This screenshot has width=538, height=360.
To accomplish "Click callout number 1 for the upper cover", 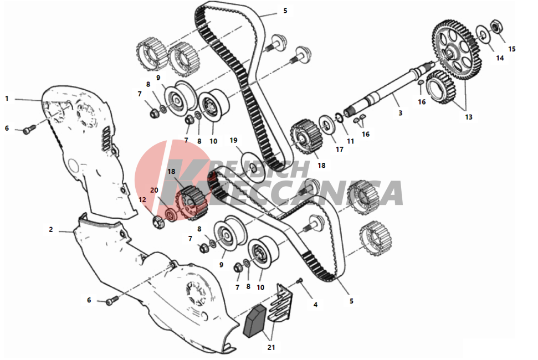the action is click(7, 99).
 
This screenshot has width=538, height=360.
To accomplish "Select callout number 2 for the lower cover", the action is click(51, 229).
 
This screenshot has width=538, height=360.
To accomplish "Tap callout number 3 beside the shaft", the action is click(400, 113).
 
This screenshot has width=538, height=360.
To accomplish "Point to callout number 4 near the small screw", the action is click(315, 305).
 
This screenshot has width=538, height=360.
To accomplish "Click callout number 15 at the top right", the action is click(511, 49).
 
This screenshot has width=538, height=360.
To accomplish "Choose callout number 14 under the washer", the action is click(500, 58).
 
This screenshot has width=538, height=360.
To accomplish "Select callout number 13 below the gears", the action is click(469, 117).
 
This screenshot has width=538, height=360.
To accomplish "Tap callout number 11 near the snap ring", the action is click(350, 141).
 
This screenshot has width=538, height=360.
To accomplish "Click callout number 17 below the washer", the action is click(339, 149).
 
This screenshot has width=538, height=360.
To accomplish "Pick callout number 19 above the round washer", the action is click(233, 140).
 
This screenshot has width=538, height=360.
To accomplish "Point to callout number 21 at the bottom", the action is click(271, 347).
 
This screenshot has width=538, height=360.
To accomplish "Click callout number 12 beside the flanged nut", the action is click(142, 199).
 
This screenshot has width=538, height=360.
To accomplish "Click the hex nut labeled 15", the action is click(495, 25).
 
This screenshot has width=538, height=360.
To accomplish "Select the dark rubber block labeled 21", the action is click(254, 322).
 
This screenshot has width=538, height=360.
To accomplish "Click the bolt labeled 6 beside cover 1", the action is click(29, 130).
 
